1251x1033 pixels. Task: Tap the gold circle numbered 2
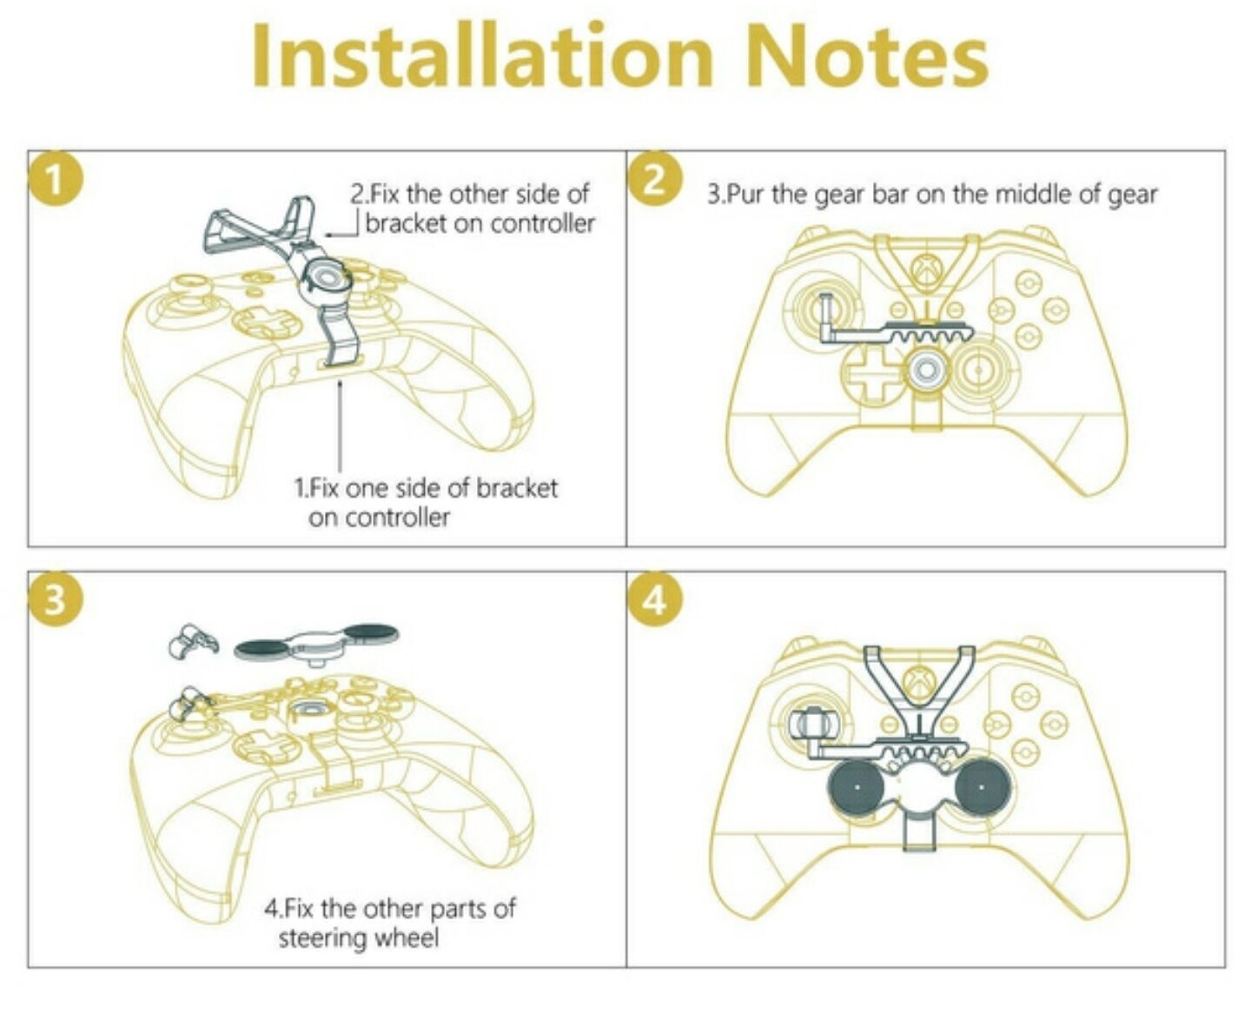655,180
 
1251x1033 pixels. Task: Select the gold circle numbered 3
55,599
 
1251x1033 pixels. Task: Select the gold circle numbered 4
655,599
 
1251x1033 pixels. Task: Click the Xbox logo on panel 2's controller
926,268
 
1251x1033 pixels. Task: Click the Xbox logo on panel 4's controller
918,681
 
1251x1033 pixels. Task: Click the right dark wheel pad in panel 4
981,786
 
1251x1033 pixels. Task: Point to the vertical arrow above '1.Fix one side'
340,425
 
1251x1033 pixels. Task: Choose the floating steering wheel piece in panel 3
315,645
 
